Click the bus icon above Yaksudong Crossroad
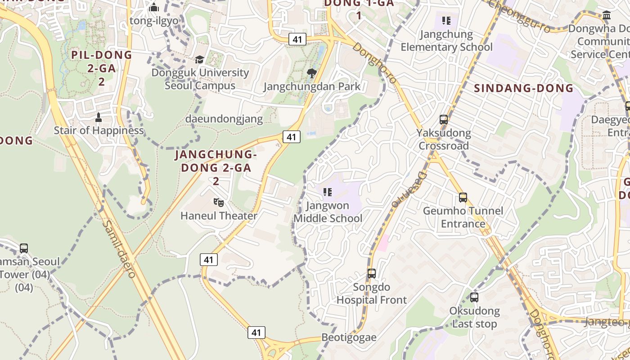point(444,120)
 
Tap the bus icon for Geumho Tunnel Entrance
point(463,198)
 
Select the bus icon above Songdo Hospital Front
point(372,274)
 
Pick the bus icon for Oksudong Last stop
point(474,297)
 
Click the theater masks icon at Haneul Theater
point(219,202)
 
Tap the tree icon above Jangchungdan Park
point(311,73)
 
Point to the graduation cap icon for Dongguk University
point(199,59)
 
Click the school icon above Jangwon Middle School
point(328,193)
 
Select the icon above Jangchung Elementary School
point(446,21)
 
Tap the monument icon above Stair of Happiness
point(99,117)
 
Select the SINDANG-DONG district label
point(523,88)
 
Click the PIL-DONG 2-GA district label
point(102,68)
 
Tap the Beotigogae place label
point(349,337)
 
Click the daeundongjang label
point(224,119)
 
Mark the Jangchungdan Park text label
point(312,86)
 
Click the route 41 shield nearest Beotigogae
point(256,333)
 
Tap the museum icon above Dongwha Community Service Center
point(606,16)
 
